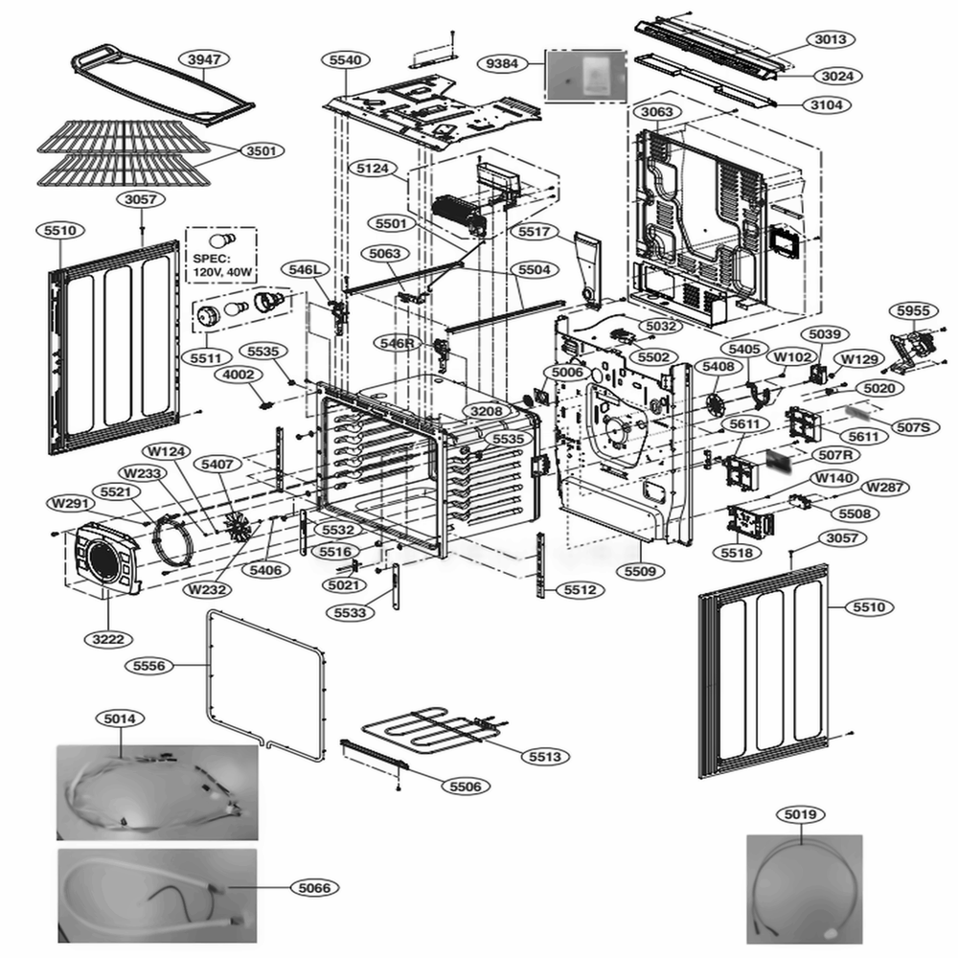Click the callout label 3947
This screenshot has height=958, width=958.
click(x=202, y=59)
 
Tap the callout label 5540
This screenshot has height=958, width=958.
click(x=346, y=60)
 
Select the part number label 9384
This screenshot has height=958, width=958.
click(x=503, y=63)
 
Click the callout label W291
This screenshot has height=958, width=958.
click(x=72, y=503)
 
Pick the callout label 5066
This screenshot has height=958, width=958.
click(x=313, y=889)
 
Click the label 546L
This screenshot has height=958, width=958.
click(x=307, y=271)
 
